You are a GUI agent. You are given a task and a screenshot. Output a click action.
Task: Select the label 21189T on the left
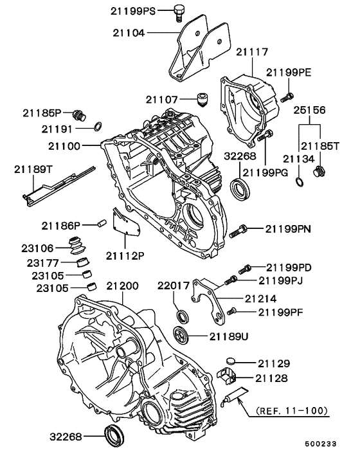tap(32, 169)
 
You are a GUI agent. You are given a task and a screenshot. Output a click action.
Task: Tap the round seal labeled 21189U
tap(182, 334)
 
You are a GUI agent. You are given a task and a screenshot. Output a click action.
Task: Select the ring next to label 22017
tap(183, 316)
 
